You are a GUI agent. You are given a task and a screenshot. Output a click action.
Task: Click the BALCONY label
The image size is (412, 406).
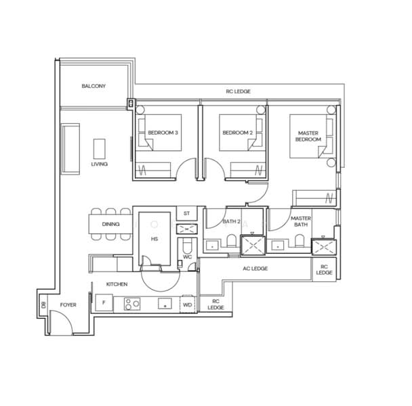tap(93, 86)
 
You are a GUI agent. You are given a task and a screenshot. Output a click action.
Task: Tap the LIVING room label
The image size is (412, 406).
tap(100, 164)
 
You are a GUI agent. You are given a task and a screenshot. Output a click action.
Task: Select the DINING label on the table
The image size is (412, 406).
tap(111, 224)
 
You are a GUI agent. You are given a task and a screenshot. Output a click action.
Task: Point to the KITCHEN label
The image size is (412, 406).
tap(117, 284)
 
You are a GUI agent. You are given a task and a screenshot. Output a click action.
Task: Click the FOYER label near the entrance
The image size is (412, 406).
tap(68, 305)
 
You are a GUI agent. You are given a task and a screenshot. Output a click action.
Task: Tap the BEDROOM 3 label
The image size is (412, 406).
tap(163, 133)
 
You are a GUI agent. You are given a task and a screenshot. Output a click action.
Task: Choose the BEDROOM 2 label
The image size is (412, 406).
tap(237, 133)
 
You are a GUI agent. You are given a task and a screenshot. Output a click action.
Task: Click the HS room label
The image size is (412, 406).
tap(154, 240)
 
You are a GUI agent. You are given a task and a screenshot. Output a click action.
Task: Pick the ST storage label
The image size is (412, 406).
tap(187, 214)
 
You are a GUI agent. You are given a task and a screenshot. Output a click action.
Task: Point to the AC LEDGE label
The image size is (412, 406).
tap(255, 269)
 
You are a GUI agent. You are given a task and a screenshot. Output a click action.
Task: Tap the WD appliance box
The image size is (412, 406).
tap(187, 304)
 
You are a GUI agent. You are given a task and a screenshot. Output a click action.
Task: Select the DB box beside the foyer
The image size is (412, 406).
tap(44, 305)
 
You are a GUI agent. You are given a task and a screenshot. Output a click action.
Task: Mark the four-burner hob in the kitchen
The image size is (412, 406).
tap(131, 304)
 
